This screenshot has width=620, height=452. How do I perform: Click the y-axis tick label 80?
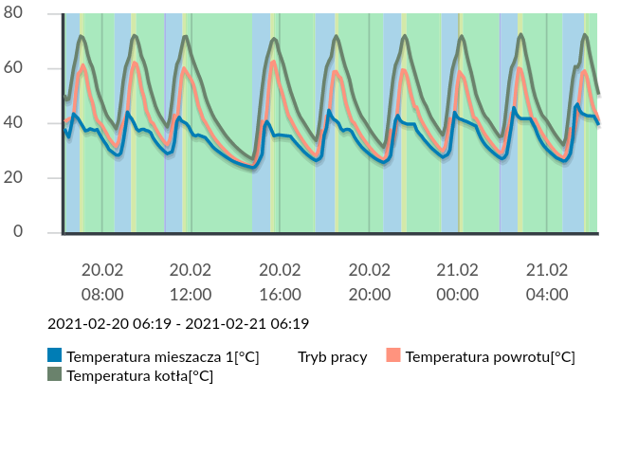click(x=27, y=13)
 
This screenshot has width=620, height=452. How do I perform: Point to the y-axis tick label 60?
click(x=27, y=68)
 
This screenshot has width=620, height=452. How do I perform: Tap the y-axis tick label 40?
click(x=27, y=123)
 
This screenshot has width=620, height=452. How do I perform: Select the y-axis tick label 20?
click(x=27, y=178)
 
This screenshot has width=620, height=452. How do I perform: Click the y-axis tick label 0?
click(x=31, y=232)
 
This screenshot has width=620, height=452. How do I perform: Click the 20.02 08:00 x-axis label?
click(x=101, y=281)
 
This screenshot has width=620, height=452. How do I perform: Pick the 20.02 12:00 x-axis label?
click(x=191, y=281)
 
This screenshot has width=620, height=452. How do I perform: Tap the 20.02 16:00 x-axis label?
click(x=280, y=281)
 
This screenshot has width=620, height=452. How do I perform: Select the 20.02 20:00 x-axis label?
click(x=369, y=281)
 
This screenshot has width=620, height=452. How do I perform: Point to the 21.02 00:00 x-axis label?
click(x=458, y=281)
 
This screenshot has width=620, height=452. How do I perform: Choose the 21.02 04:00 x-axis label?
click(x=547, y=281)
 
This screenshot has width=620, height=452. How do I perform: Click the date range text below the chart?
click(x=178, y=324)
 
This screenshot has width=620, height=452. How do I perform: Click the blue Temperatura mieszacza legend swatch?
click(x=55, y=356)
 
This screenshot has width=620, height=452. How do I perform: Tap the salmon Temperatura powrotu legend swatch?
click(x=393, y=356)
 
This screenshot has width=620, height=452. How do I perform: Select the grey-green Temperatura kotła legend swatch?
click(x=55, y=374)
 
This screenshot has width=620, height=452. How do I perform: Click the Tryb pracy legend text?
click(x=332, y=357)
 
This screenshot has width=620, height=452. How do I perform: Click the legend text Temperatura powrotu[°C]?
click(x=490, y=357)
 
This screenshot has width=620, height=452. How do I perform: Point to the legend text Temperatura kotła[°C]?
click(x=139, y=376)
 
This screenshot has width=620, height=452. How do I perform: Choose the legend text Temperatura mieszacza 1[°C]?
click(x=162, y=357)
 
